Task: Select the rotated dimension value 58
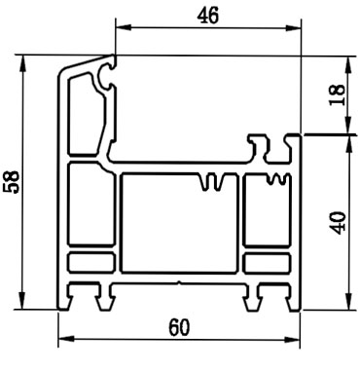point(11,182)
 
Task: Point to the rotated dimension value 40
point(338,223)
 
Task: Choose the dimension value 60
point(180,328)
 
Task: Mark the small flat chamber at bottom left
point(92,262)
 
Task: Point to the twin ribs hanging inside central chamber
point(216,182)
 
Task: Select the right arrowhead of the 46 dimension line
point(294,27)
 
